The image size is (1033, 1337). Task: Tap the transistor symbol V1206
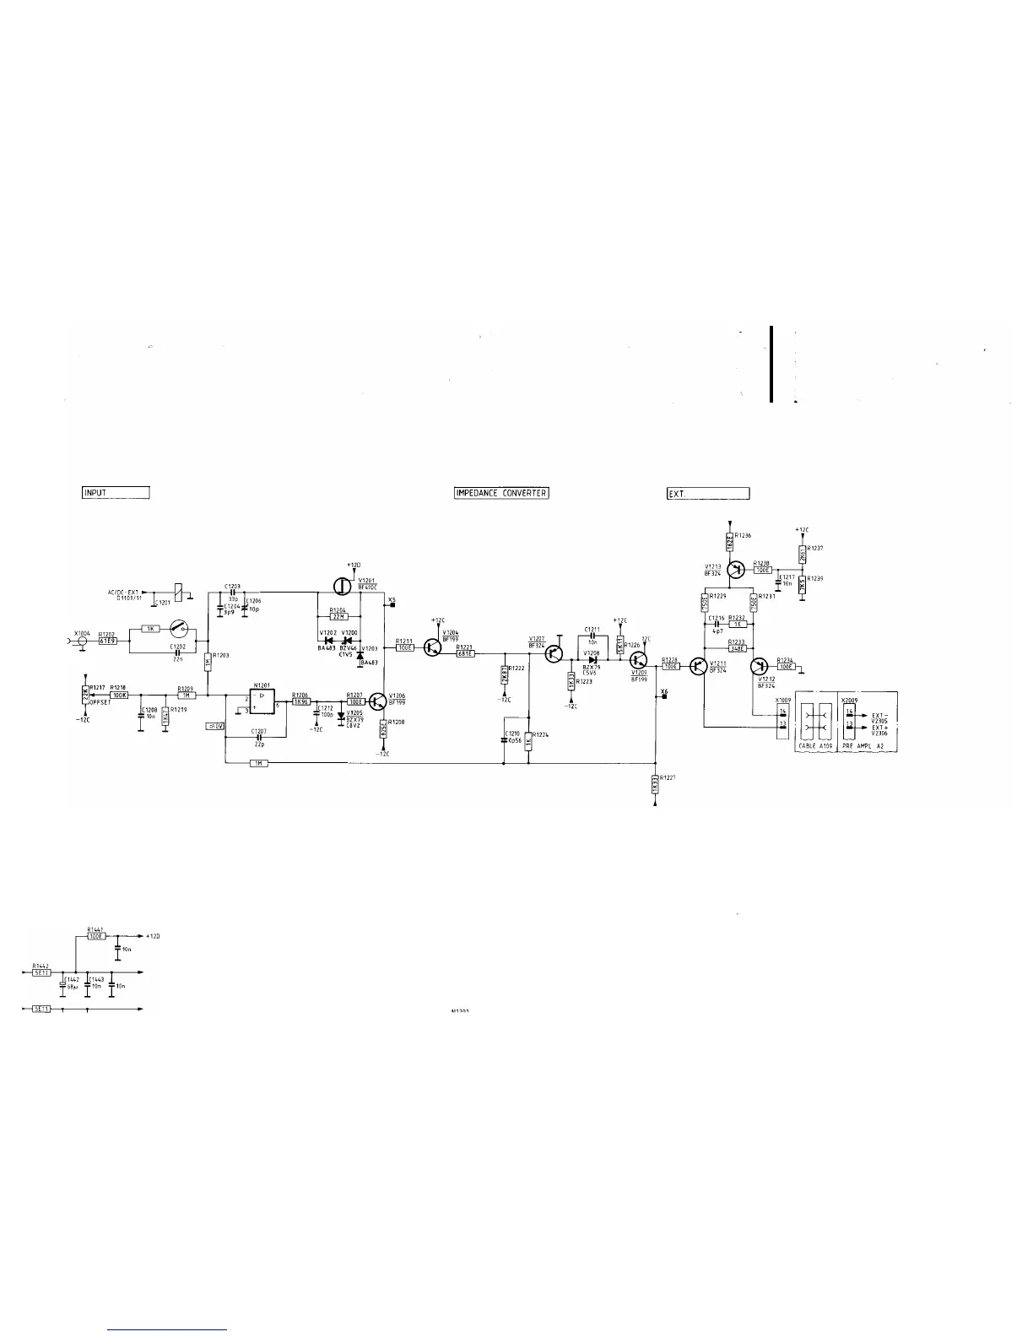coord(377,701)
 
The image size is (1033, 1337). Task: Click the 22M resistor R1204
coord(338,616)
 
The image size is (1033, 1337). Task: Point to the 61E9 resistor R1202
coord(107,641)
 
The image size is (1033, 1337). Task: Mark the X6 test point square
coord(664,699)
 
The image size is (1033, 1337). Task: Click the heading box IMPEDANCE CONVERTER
coord(501,493)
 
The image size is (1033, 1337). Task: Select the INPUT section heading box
coord(116,493)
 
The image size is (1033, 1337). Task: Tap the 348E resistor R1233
coord(738,649)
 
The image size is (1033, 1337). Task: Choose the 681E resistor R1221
coord(465,653)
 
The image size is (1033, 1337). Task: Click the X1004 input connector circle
coord(82,641)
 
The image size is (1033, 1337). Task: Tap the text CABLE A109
coord(815,748)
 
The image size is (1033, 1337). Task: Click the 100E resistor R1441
coord(96,936)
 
